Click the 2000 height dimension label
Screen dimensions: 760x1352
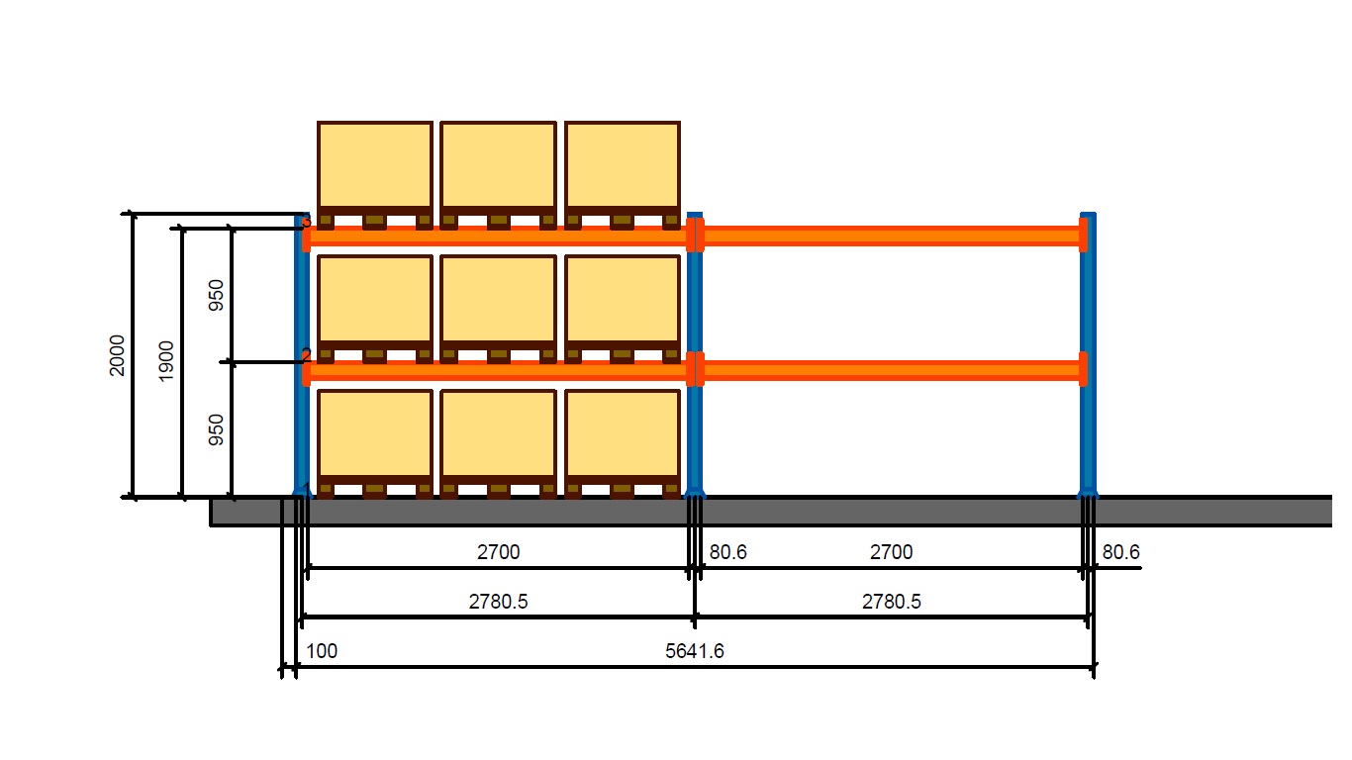coord(118,355)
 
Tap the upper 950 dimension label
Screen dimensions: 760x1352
coord(217,295)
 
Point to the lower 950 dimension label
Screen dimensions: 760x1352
coord(217,430)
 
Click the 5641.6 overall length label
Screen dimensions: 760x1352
coord(695,650)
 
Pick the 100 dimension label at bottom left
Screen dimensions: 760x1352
coord(322,651)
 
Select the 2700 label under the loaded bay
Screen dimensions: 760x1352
coord(498,552)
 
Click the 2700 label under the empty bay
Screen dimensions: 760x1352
coord(891,552)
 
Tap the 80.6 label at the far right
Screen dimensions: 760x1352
coord(1120,552)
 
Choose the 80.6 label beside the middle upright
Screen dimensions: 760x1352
coord(727,552)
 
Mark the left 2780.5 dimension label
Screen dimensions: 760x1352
coord(498,601)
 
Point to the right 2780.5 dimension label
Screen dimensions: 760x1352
coord(891,601)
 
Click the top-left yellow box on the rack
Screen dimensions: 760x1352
coord(375,165)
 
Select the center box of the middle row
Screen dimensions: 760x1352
coord(498,299)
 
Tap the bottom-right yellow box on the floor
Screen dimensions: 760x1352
coord(622,433)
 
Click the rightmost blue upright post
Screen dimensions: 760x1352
coord(1088,416)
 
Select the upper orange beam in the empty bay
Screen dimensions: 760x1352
coord(891,236)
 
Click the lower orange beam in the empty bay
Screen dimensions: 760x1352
coord(891,371)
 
